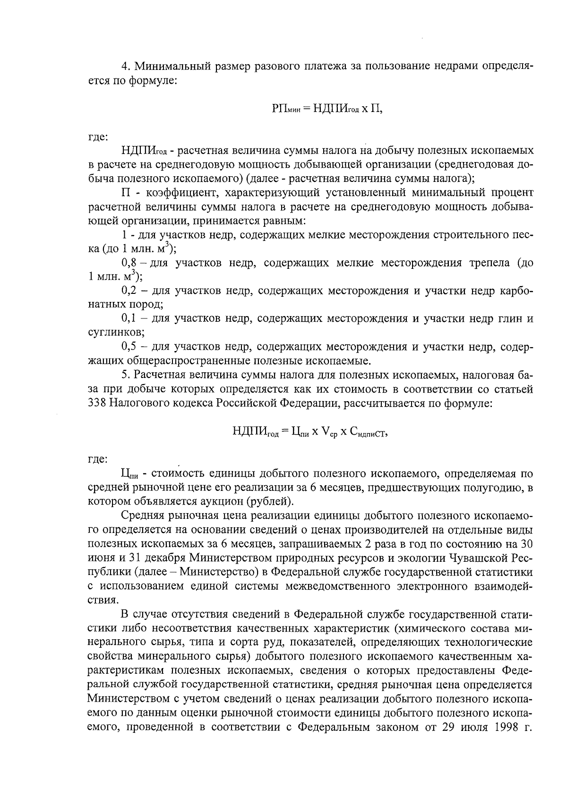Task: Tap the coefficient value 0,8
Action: [129, 263]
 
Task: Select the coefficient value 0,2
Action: [129, 291]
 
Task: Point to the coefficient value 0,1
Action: [129, 319]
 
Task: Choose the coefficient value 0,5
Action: [129, 347]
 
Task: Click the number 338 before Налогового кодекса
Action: [98, 403]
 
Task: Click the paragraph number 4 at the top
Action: [125, 66]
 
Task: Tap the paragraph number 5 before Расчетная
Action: [125, 376]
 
